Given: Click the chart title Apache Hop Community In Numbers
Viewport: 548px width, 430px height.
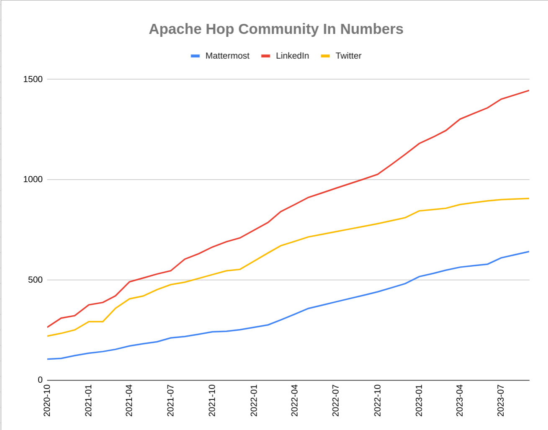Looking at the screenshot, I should click(276, 29).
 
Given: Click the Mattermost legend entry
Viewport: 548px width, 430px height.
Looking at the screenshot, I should click(227, 56).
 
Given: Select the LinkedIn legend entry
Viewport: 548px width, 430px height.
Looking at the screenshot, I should click(292, 56).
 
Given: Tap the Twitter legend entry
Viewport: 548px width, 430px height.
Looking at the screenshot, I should click(348, 56).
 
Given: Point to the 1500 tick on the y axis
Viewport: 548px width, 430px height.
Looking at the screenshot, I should click(33, 79).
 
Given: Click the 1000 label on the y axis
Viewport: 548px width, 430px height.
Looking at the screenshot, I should click(33, 179).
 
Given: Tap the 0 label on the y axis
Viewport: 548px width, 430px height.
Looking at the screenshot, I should click(40, 380).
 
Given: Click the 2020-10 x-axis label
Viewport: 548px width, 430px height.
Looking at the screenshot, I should click(47, 400).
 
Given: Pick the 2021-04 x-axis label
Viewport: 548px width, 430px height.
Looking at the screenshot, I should click(129, 400).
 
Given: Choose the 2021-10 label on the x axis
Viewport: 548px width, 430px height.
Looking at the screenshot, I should click(212, 400).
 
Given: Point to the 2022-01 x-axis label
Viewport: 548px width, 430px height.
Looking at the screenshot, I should click(254, 400).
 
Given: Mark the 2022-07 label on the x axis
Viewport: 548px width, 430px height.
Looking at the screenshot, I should click(336, 400).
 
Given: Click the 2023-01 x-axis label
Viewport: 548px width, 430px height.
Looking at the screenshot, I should click(419, 400).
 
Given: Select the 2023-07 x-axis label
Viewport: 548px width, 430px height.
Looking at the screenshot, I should click(501, 400).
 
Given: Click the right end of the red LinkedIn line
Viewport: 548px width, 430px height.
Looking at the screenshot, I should click(529, 90).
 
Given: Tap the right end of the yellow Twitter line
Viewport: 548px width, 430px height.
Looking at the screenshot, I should click(529, 198).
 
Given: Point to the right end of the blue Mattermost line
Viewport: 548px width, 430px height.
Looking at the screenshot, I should click(529, 252).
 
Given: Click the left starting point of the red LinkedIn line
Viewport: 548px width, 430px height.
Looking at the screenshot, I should click(48, 327).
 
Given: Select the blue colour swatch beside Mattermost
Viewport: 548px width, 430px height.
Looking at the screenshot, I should click(195, 56).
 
